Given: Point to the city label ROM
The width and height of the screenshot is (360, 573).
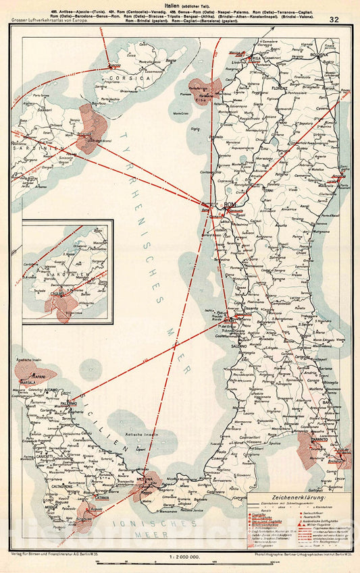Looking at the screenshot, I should (229, 204).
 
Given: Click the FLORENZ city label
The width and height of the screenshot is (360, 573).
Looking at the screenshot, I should (280, 88).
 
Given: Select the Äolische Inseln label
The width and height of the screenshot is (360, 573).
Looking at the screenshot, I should (144, 435).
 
